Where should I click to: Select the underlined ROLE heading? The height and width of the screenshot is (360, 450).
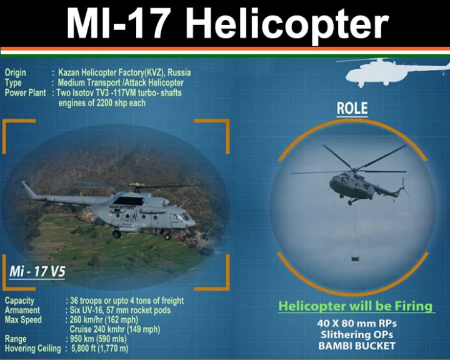coord(352,109)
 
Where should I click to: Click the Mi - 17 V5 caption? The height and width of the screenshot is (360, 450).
coord(37,271)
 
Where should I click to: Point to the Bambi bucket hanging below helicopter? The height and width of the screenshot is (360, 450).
coord(355,259)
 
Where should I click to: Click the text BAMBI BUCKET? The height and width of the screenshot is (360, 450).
coord(357,346)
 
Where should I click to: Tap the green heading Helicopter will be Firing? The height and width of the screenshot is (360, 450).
coord(356,306)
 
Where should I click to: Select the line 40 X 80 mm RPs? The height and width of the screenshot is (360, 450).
coord(357,324)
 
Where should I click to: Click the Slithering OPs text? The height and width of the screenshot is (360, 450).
coord(357,334)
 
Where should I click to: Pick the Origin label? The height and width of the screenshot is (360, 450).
coord(15,72)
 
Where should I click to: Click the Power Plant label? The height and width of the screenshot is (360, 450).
coord(25,93)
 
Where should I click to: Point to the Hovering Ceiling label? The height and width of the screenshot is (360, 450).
coord(33,349)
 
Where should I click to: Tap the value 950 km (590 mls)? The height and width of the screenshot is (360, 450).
coord(98,339)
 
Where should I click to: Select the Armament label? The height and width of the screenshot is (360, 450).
coord(22,311)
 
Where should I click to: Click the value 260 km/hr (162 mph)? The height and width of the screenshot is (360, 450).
coord(104,320)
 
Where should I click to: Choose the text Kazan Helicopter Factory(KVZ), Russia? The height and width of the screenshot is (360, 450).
coord(124,72)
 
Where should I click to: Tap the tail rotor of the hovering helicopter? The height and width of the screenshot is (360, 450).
coord(404,187)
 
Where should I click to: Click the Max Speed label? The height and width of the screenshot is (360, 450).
coord(23,320)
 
